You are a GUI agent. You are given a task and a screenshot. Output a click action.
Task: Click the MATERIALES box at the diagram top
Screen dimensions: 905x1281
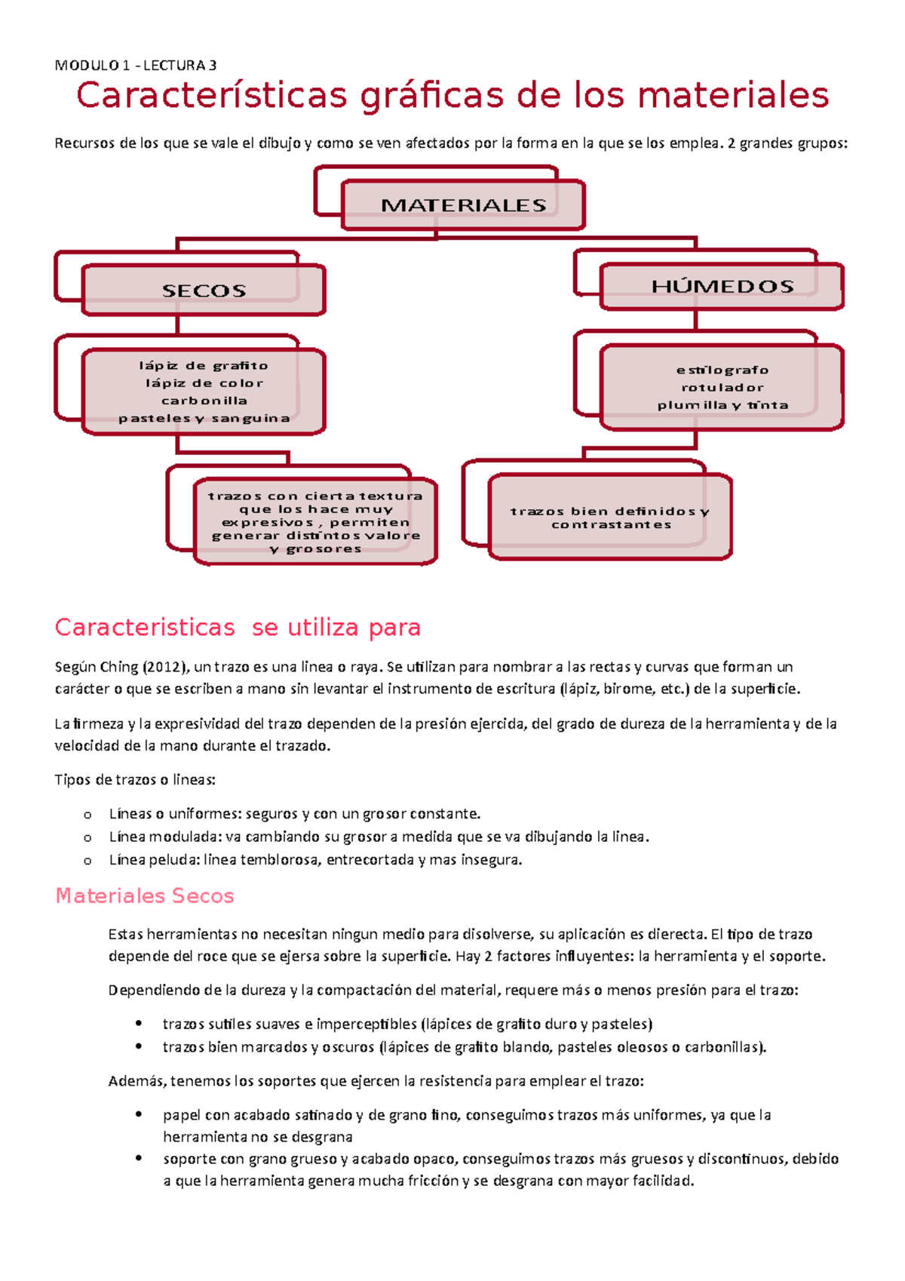pyautogui.click(x=463, y=204)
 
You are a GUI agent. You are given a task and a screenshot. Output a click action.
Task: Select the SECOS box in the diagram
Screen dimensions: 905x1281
pyautogui.click(x=204, y=290)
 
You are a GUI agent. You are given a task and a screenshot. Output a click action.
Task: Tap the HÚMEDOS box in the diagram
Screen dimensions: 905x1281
pyautogui.click(x=722, y=286)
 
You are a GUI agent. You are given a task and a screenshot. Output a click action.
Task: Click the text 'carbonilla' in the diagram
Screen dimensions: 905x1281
pyautogui.click(x=204, y=401)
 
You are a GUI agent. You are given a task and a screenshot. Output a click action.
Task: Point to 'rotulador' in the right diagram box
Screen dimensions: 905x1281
pyautogui.click(x=722, y=388)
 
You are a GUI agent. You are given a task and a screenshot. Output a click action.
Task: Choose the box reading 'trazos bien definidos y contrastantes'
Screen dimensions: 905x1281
pyautogui.click(x=609, y=518)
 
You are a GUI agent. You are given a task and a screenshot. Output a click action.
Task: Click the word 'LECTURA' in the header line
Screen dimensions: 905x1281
pyautogui.click(x=174, y=66)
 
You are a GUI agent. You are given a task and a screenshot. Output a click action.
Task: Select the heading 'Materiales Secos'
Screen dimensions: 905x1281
pyautogui.click(x=145, y=895)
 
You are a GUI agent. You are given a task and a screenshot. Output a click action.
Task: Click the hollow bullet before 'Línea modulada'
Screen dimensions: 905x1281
pyautogui.click(x=88, y=837)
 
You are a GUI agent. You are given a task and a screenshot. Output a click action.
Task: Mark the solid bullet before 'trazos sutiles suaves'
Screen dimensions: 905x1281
pyautogui.click(x=138, y=1024)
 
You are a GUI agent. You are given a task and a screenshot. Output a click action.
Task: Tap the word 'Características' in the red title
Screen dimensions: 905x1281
pyautogui.click(x=212, y=96)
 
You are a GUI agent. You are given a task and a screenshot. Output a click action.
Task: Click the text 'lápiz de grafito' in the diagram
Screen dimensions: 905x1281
pyautogui.click(x=204, y=366)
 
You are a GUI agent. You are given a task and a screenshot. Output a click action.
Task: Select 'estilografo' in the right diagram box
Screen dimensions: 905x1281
pyautogui.click(x=722, y=370)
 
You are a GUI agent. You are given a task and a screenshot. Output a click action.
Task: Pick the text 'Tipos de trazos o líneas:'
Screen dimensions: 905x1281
pyautogui.click(x=135, y=780)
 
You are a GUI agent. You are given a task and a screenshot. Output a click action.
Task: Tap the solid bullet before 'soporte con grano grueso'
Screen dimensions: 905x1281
pyautogui.click(x=138, y=1158)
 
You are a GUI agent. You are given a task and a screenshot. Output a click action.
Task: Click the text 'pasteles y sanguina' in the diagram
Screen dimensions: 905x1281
pyautogui.click(x=204, y=418)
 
